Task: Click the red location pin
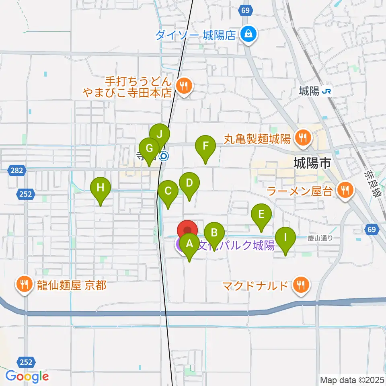pos(188,230)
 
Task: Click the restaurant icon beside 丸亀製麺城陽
pos(301,138)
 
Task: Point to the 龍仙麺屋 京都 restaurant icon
pos(25,285)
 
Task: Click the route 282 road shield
pos(16,170)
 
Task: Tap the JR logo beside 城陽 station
pos(326,92)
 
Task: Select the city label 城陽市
pos(312,163)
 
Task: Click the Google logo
pos(27,376)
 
